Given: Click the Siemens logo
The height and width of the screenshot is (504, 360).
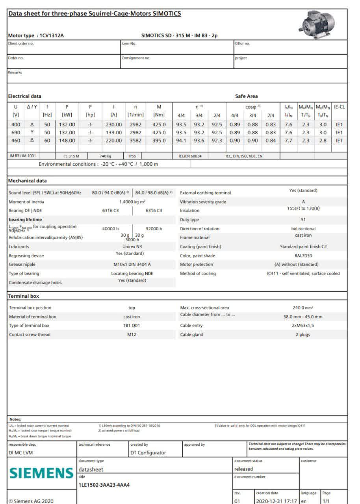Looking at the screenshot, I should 41,473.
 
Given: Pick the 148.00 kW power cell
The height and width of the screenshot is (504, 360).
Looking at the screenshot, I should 67,140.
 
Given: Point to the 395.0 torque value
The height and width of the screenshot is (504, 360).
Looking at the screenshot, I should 159,140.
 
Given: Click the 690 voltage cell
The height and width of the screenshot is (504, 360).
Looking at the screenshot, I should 16,132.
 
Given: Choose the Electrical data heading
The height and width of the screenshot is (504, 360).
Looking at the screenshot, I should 24,96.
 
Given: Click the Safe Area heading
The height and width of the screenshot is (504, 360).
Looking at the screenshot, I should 246,96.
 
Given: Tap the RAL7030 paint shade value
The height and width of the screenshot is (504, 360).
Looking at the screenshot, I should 303,256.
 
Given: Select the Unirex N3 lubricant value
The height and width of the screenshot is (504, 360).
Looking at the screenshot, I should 132,246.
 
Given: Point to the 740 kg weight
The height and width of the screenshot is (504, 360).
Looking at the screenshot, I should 106,156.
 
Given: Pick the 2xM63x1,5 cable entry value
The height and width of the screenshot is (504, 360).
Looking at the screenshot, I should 303,326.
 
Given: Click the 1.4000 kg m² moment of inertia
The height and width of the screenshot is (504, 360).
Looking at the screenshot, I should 132,202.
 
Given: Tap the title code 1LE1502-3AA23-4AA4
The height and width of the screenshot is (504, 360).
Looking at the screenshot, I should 104,485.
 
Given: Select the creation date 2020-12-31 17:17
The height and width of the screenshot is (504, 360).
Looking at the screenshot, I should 276,501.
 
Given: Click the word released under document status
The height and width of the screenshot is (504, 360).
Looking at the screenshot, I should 243,469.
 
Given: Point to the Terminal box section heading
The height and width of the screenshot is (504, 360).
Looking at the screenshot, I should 24,296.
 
